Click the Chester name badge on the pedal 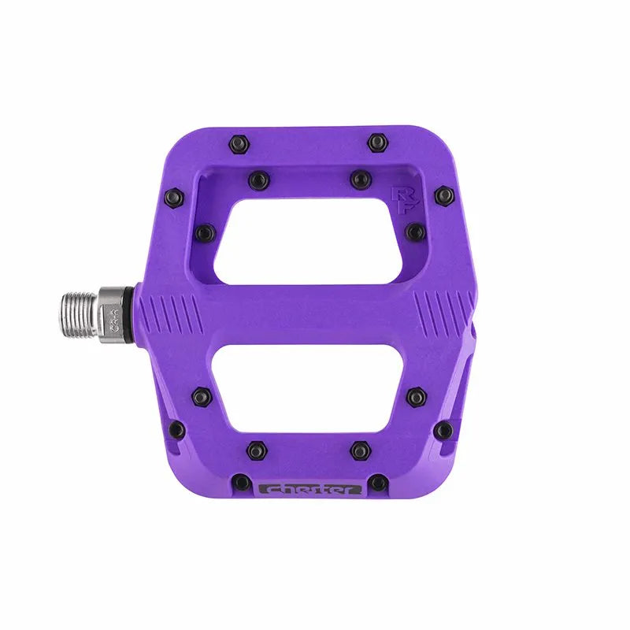click(311, 488)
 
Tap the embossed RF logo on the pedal click(402, 196)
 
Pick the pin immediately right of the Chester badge click(379, 482)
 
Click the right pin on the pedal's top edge click(377, 143)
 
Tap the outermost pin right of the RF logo click(443, 195)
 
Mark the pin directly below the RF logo click(415, 232)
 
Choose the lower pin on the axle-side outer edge click(177, 430)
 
